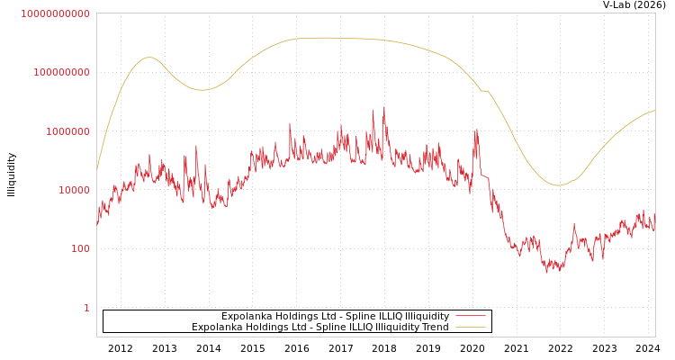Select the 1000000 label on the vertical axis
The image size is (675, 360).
pos(66,131)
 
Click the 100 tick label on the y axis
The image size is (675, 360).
pos(79,248)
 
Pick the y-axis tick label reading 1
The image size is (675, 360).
pos(86,308)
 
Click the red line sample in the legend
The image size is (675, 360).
pos(471,317)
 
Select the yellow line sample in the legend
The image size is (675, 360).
pos(471,328)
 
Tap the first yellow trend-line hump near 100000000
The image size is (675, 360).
pos(149,58)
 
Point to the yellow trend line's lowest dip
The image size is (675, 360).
pos(558,185)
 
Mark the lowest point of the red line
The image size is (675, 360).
pos(546,272)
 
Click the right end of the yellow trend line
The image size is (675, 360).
pos(654,111)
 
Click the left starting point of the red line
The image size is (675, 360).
pos(97,224)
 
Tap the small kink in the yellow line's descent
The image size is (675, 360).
pos(484,91)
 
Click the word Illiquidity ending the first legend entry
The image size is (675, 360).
pos(427,317)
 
